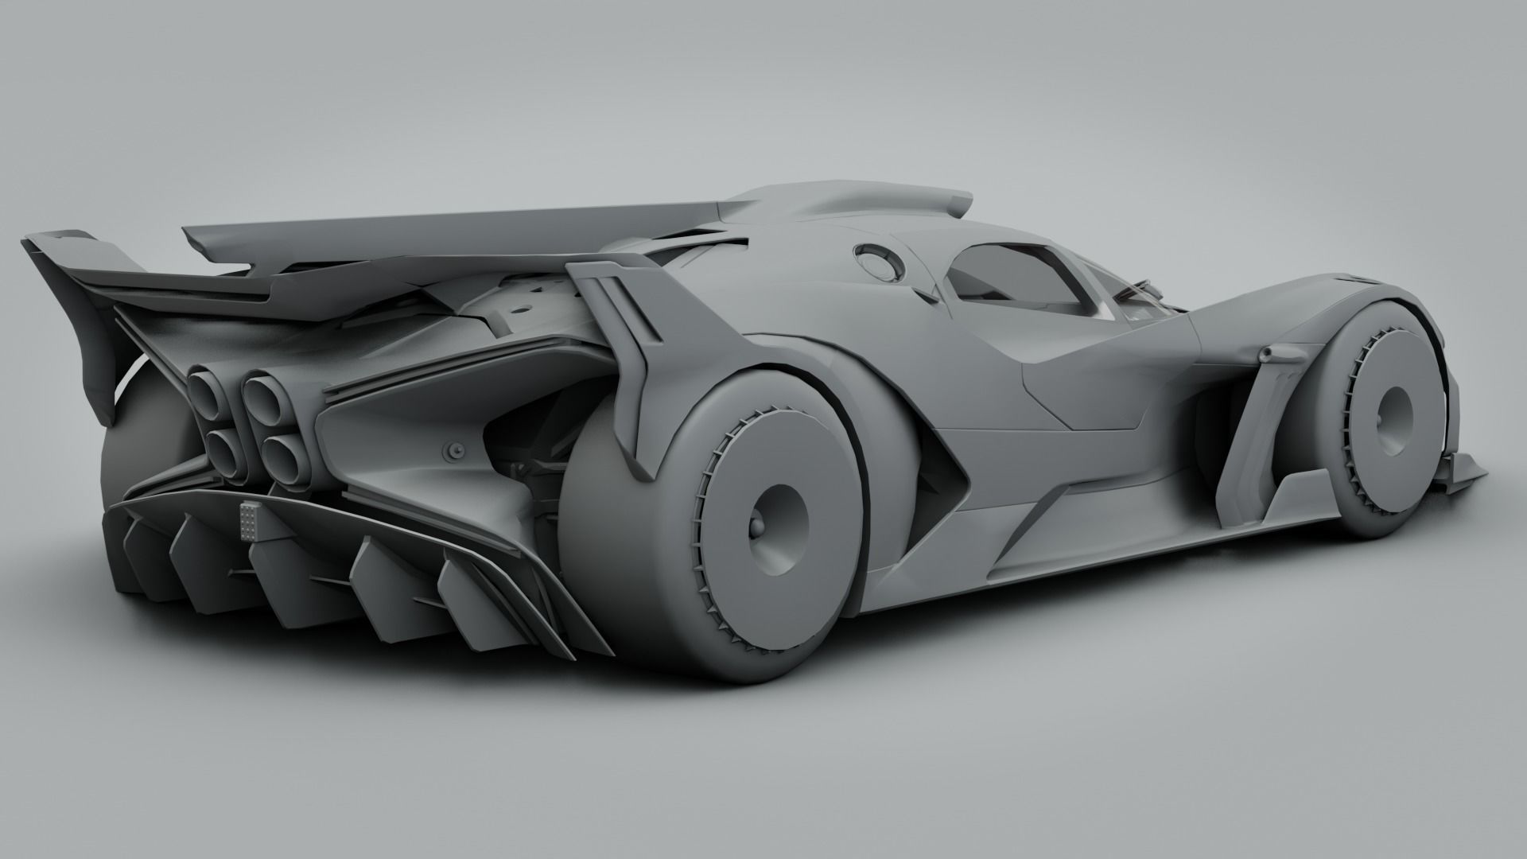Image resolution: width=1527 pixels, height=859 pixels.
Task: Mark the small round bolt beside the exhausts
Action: click(x=454, y=451)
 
